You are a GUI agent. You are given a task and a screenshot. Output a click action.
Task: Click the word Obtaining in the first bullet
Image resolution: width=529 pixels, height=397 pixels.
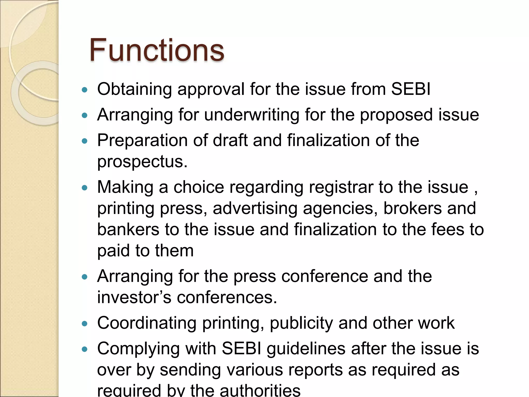pyautogui.click(x=134, y=89)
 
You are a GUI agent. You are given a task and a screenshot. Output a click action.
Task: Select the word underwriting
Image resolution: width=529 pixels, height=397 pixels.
pyautogui.click(x=252, y=115)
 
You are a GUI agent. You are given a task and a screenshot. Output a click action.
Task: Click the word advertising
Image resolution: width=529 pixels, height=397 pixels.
pyautogui.click(x=255, y=208)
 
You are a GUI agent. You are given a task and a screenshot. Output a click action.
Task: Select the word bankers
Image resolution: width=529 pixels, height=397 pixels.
pyautogui.click(x=128, y=230)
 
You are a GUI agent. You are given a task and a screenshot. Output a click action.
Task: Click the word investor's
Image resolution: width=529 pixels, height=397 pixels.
pyautogui.click(x=134, y=297)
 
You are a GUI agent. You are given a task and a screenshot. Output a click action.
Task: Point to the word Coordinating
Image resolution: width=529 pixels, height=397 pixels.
pyautogui.click(x=147, y=323)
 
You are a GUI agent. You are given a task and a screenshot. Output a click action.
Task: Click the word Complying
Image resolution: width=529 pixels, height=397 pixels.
pyautogui.click(x=138, y=349)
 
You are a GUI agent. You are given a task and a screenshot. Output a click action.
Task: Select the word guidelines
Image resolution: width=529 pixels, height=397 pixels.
pyautogui.click(x=306, y=349)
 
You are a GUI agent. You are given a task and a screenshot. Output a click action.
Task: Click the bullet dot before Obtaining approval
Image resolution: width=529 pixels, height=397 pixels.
pyautogui.click(x=84, y=90)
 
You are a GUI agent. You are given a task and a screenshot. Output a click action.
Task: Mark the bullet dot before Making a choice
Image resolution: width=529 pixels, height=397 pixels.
pyautogui.click(x=84, y=188)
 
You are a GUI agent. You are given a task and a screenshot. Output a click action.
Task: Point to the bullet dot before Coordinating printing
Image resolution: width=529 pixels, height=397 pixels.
pyautogui.click(x=84, y=324)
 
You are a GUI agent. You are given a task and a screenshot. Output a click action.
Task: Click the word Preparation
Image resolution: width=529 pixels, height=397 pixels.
pyautogui.click(x=142, y=141)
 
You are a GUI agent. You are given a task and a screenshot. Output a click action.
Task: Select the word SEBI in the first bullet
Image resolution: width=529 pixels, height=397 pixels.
pyautogui.click(x=411, y=89)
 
